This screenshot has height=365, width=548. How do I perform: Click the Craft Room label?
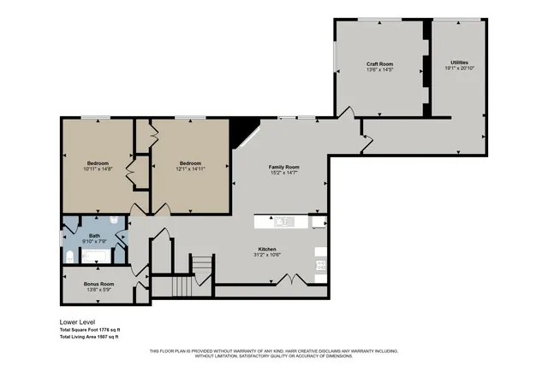click(x=379, y=64)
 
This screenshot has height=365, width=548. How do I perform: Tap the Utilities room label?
click(x=459, y=62)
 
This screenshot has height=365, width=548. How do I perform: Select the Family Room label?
click(x=283, y=167)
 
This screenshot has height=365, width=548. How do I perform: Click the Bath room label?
click(x=94, y=235)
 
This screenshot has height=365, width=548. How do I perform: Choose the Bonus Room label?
click(x=98, y=283)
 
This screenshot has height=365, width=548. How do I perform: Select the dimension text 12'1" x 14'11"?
click(x=190, y=169)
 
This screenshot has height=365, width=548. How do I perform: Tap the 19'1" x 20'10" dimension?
click(x=459, y=68)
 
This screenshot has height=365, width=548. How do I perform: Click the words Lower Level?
click(x=76, y=323)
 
